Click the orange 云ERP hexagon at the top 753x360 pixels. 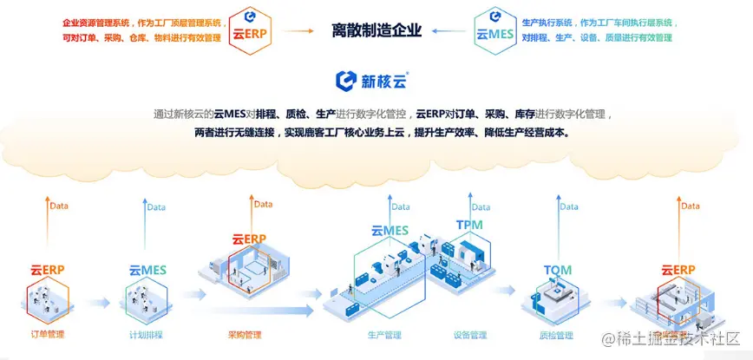click(249, 30)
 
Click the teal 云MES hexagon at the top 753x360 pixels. click(494, 30)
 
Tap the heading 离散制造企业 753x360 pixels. click(376, 30)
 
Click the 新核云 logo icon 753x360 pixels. click(346, 81)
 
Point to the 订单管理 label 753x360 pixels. click(48, 334)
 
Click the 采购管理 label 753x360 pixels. click(244, 334)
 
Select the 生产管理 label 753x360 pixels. click(384, 334)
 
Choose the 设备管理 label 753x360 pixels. click(470, 334)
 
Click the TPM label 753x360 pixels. click(469, 226)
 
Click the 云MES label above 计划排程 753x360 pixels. click(147, 271)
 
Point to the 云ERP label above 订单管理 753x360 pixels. click(48, 270)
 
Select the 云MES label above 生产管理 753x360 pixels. click(390, 231)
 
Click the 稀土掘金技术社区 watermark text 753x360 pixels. click(672, 338)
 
